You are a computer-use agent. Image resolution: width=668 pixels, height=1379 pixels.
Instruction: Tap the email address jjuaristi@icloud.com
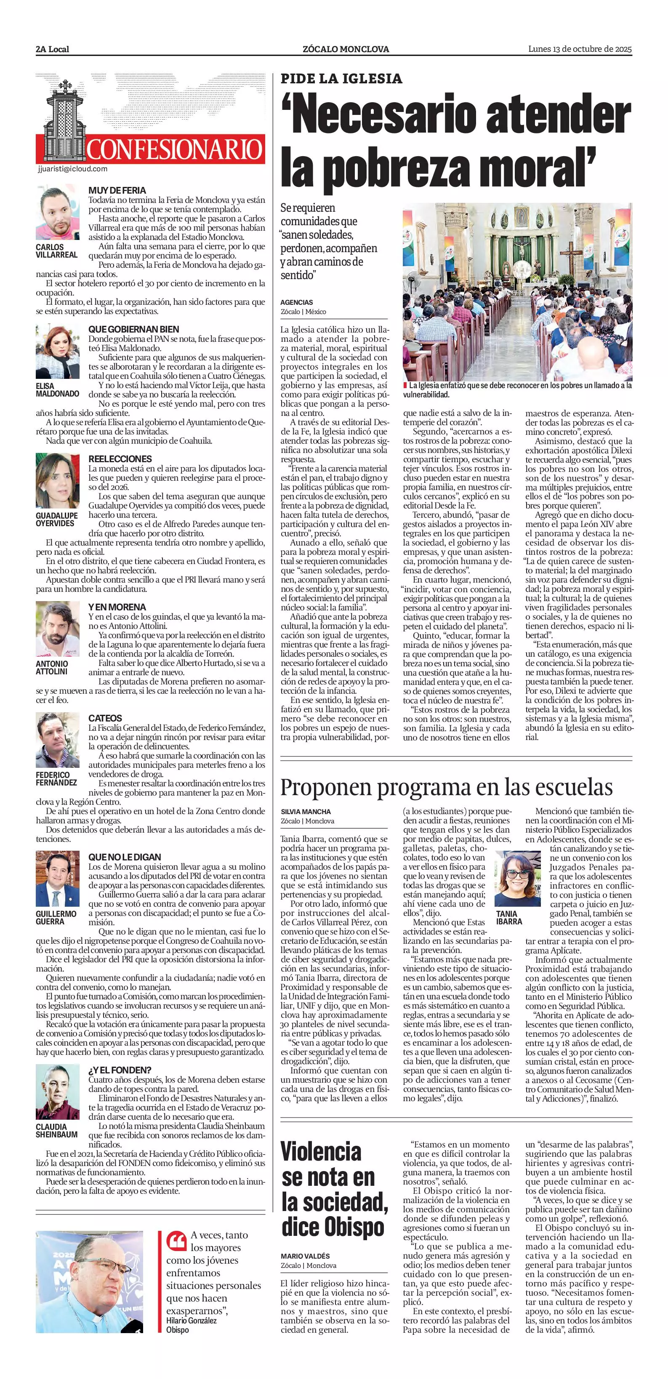[x=73, y=169]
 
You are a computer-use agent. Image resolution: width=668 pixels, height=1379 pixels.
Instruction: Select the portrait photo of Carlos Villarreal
[x=58, y=213]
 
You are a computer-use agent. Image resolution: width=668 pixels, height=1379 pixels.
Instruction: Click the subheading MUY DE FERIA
[x=117, y=190]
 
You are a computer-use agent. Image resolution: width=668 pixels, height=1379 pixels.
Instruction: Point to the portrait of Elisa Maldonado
[x=58, y=352]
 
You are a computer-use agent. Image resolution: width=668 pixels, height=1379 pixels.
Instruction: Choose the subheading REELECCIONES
[x=120, y=459]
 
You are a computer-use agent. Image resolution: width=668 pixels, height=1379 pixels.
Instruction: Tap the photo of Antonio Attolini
[x=58, y=628]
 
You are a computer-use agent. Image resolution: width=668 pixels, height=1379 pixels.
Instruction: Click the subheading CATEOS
[x=105, y=718]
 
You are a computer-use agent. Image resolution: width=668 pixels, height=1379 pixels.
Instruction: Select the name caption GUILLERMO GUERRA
[x=56, y=918]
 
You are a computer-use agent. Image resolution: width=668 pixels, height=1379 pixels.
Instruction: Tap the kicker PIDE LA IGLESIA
[x=341, y=79]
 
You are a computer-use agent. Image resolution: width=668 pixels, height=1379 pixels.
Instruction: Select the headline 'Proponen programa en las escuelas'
[x=447, y=787]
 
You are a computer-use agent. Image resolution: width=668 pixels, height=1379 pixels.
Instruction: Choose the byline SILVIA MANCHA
[x=306, y=812]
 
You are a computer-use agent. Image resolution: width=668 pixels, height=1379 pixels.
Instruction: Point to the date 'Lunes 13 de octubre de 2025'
[x=580, y=49]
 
